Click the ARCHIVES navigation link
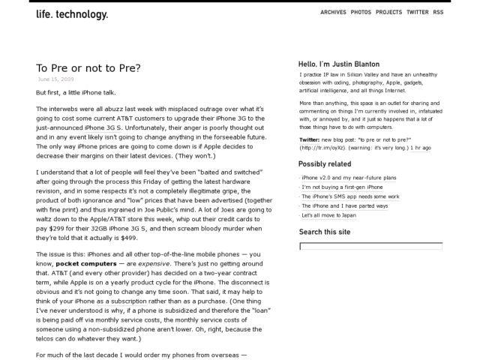333,13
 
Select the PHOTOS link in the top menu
361,13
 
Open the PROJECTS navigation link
389,13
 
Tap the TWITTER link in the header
418,13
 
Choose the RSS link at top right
438,13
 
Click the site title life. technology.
72,14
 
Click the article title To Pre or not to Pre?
88,67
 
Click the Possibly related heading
325,163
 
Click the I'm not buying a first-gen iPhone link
343,187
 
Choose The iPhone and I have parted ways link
345,205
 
